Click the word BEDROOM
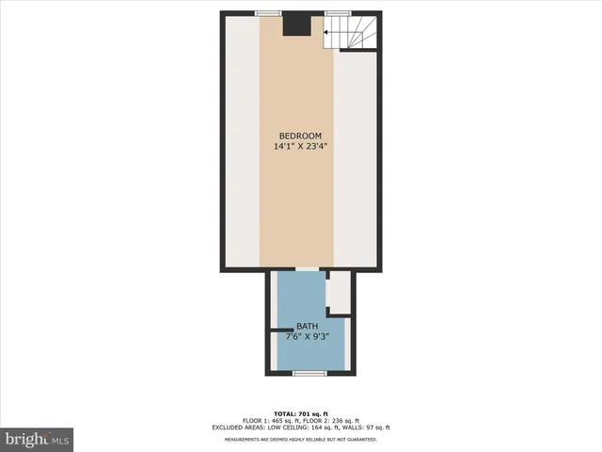(300, 136)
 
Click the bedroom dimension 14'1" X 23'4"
(300, 147)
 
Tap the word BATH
(308, 327)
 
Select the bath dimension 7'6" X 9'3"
(308, 337)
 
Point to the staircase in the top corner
(349, 32)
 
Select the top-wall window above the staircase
(338, 12)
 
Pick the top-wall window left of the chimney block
(268, 12)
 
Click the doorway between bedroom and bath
(307, 270)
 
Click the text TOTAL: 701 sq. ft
(300, 414)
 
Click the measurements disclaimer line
(300, 439)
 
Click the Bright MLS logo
(38, 439)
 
